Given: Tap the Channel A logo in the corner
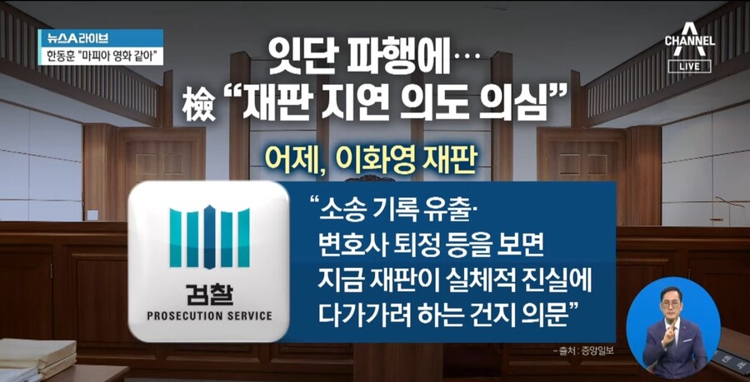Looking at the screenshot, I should coord(689,42).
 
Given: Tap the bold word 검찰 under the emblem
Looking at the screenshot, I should coord(209,293).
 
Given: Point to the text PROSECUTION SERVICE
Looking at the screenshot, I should coord(209,316).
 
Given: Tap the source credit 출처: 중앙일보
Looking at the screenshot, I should coord(582,350).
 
